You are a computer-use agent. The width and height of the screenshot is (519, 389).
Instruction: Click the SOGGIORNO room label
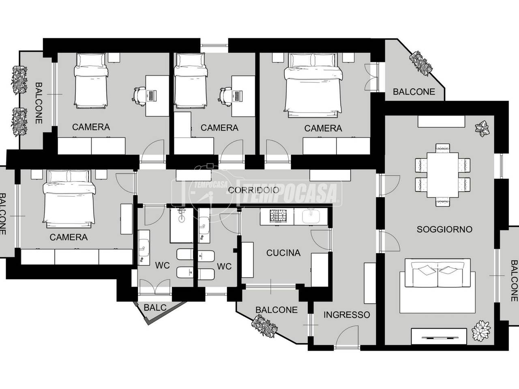pos(444,229)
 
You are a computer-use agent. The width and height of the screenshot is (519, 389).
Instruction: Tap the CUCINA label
pos(283,253)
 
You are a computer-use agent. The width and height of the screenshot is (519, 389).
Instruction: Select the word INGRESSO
pos(347,315)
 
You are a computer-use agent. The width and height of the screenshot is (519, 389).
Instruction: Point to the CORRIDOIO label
pos(253,190)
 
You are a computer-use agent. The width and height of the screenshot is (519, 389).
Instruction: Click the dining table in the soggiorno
pos(443,175)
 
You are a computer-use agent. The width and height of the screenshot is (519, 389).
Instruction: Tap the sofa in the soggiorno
pos(438,286)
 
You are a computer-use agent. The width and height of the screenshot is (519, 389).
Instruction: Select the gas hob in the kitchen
pos(277,216)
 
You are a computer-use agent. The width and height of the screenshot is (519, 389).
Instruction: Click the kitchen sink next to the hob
pos(311,216)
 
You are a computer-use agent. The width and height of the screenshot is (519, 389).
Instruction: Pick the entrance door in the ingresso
pos(347,336)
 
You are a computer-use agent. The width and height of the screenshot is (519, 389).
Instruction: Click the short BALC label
pos(155,308)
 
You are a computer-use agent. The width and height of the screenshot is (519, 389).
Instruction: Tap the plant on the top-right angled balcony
pos(421,63)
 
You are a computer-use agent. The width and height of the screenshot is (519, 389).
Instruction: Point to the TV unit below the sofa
pos(439,336)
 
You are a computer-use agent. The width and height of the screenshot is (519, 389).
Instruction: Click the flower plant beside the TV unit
pos(481,330)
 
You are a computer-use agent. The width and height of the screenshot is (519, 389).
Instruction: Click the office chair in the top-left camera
pos(138,96)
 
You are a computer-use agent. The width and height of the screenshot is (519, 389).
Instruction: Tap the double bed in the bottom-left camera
pos(69,199)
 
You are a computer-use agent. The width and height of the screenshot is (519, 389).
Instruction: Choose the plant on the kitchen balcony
pos(265,326)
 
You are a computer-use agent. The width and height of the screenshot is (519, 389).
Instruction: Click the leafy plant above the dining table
pos(483,128)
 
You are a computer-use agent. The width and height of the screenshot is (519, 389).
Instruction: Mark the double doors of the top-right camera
pos(370,77)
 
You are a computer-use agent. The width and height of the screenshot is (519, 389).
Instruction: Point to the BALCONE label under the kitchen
pos(277,310)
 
